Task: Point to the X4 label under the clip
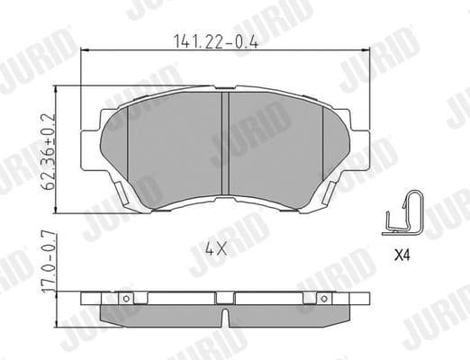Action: coord(403,255)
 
